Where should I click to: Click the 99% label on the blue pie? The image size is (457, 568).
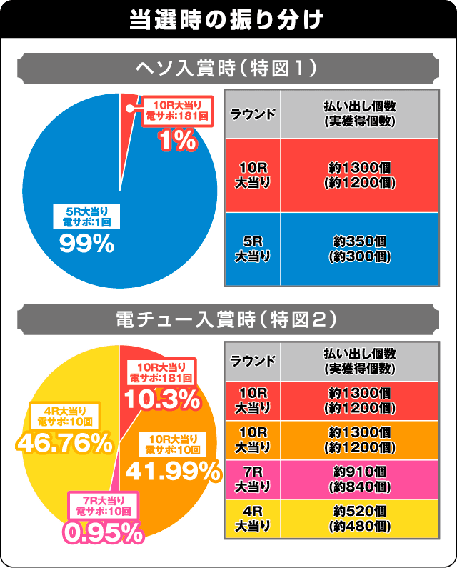86,244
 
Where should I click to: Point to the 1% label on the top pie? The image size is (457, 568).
176,141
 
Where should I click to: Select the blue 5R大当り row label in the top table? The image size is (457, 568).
253,247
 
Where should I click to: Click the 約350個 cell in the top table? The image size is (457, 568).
361,247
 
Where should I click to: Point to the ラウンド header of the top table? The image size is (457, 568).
253,114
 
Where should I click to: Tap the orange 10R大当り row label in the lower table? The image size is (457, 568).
253,439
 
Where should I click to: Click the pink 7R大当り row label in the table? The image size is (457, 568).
253,479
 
